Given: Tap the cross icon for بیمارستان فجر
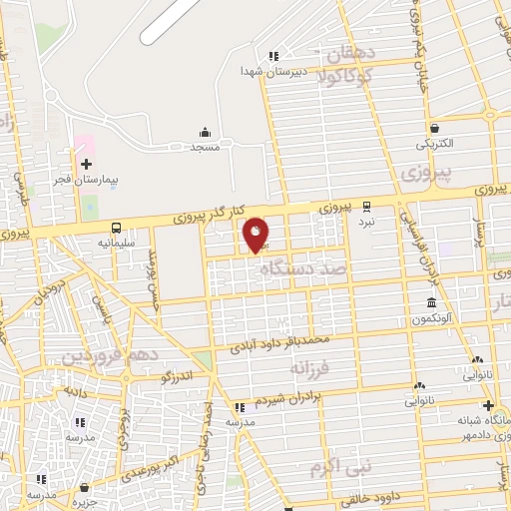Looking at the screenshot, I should click(86, 164).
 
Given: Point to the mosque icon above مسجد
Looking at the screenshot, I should click(206, 133).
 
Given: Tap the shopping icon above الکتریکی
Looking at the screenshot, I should click(435, 128).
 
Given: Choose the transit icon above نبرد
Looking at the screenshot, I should click(366, 206).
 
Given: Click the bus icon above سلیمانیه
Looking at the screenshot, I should click(117, 228).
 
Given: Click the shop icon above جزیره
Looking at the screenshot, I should click(84, 487).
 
